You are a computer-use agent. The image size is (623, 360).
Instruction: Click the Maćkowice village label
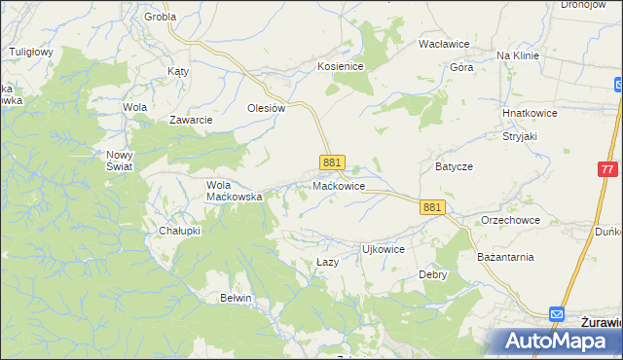pos(339,185)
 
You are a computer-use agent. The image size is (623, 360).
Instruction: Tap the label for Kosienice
pos(340,66)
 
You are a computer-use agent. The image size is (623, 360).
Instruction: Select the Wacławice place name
pos(444,45)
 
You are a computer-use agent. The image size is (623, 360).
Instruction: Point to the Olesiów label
pos(266,109)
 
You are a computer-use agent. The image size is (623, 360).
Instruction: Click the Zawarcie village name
pos(191,120)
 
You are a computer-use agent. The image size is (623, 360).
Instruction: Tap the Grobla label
pos(160,18)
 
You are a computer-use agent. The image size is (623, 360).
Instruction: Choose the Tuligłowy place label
pos(30,51)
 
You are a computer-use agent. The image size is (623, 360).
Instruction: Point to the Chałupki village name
pos(179,231)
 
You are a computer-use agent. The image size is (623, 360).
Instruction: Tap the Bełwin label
pos(237,298)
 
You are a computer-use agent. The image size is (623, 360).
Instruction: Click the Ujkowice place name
pos(383,249)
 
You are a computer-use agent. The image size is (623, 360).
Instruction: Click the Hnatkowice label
pos(530,113)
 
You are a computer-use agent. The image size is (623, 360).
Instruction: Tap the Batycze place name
pos(454,166)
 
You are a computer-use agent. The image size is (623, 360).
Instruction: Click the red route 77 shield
pos(607,169)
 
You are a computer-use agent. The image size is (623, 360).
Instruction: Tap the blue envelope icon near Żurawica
pos(556,314)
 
